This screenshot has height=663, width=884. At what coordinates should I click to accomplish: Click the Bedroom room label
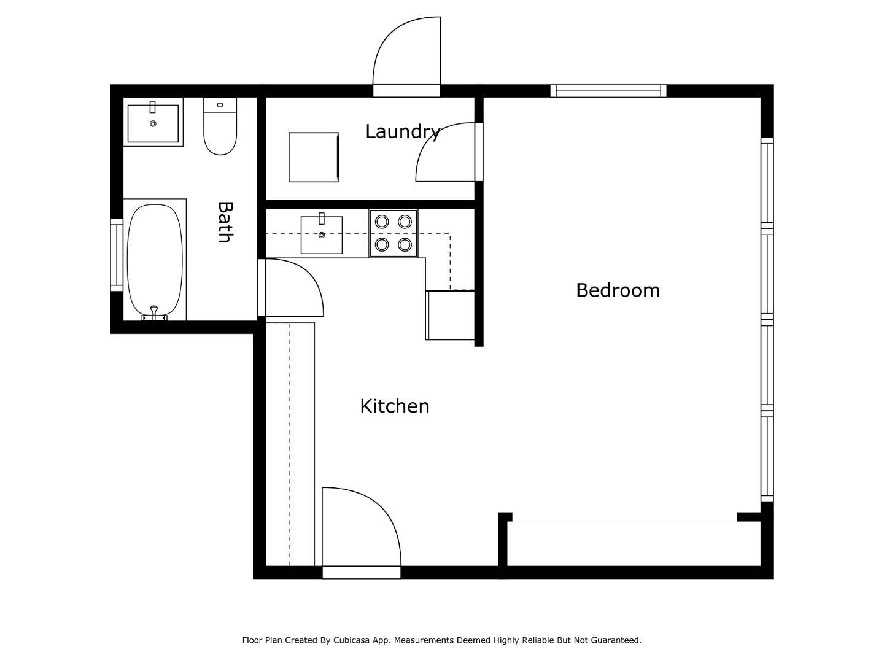(x=618, y=290)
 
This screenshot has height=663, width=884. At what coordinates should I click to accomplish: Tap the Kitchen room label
(x=394, y=406)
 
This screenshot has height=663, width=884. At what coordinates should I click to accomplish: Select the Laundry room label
(x=403, y=131)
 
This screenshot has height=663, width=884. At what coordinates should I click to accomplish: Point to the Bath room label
(x=225, y=222)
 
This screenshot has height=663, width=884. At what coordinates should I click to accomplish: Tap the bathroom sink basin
(x=153, y=123)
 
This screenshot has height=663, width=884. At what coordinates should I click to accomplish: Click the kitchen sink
(x=321, y=235)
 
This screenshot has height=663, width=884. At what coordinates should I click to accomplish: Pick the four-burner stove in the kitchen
(x=393, y=233)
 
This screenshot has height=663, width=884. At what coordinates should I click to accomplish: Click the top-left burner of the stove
(x=382, y=222)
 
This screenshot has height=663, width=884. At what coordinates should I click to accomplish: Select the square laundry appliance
(x=314, y=157)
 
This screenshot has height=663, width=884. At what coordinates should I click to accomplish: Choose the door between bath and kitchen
(x=292, y=287)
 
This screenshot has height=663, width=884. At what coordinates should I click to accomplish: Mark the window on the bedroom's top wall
(x=608, y=91)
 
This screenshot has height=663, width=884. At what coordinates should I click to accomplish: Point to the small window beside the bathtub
(x=116, y=254)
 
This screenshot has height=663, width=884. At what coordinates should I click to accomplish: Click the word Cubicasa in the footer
(x=355, y=640)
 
